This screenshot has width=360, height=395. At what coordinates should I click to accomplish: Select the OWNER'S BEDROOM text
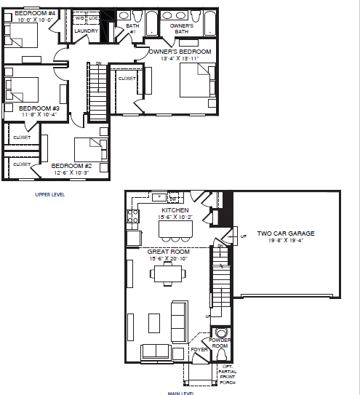(x=180, y=52)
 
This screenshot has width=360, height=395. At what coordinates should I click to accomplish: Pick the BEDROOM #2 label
(x=71, y=166)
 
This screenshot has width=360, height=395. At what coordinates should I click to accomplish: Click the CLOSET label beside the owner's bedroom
(x=126, y=78)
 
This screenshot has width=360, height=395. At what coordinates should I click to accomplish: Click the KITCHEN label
(x=175, y=210)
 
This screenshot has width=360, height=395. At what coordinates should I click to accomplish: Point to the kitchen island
(x=175, y=229)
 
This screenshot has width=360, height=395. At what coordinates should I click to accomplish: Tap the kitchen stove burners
(x=134, y=215)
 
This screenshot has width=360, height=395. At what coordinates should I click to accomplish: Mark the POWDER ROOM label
(x=219, y=343)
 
